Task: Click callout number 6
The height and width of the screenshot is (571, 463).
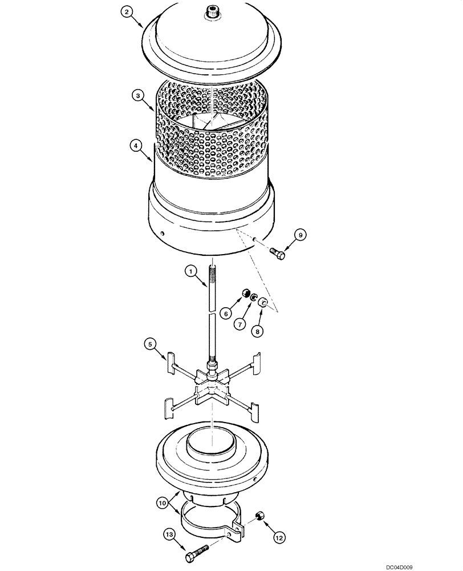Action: point(226,313)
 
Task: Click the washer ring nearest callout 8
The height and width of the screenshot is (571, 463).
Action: point(264,303)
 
